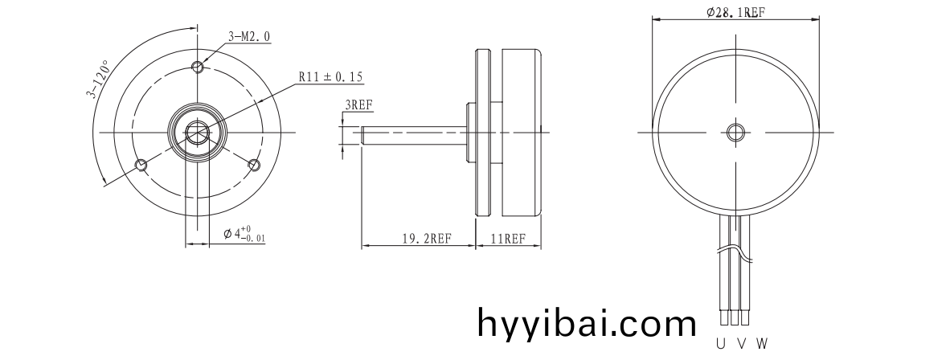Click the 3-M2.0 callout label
pos(249,37)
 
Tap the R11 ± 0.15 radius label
pos(330,77)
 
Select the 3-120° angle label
pos(99,78)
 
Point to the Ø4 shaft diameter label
pos(244,233)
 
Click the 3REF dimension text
pos(358,104)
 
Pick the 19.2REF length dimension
pos(427,238)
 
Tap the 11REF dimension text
pos(508,238)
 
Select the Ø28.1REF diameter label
pos(735,13)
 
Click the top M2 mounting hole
pos(198,66)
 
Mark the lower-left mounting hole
pos(141,165)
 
